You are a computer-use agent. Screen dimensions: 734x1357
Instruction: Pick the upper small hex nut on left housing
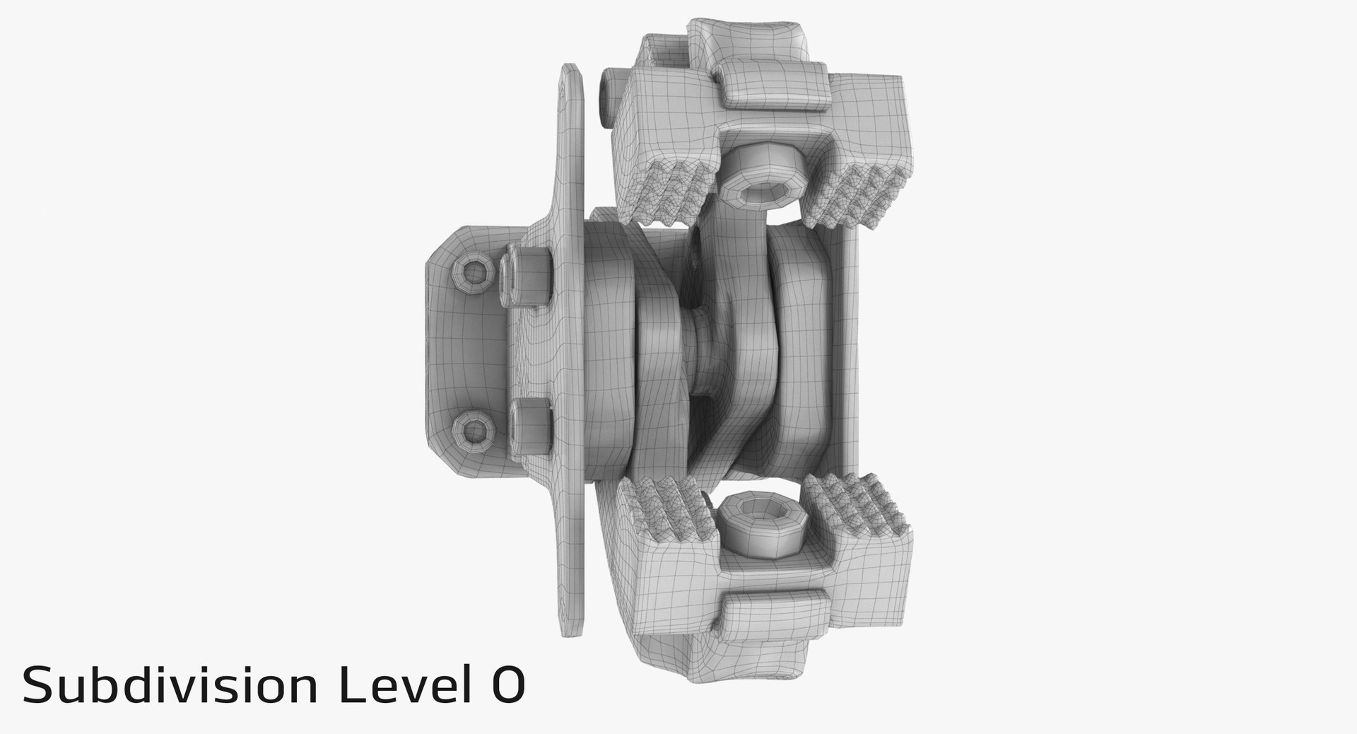tap(471, 272)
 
